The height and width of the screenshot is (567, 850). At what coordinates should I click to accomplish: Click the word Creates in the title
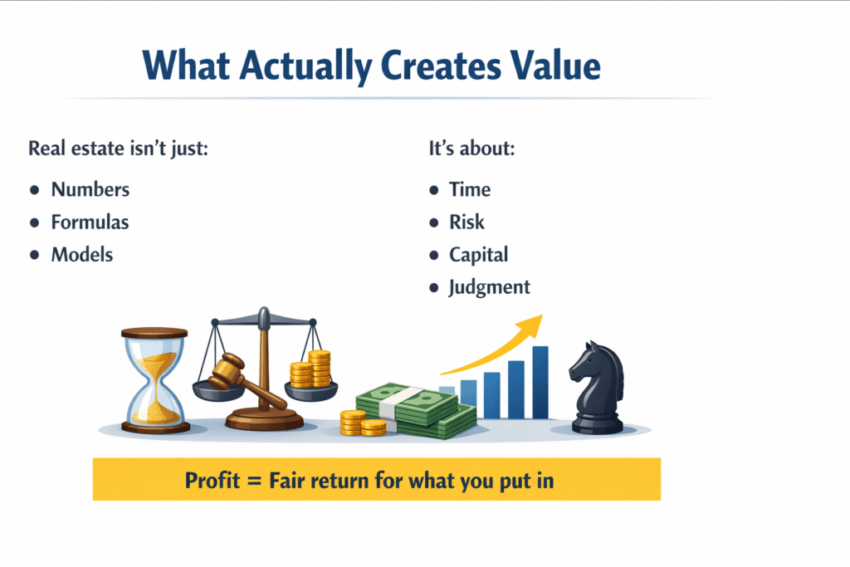click(441, 66)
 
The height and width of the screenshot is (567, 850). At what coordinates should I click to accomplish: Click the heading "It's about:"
click(471, 149)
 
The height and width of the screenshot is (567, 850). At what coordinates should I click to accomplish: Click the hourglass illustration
click(155, 380)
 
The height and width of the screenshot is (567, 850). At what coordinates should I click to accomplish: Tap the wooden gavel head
click(227, 371)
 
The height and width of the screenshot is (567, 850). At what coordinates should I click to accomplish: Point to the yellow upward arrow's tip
click(541, 315)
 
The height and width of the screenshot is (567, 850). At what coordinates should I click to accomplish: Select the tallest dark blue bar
click(540, 382)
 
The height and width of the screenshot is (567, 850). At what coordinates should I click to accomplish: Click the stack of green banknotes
click(415, 410)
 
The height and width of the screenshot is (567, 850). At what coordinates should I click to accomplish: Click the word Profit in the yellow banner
click(212, 481)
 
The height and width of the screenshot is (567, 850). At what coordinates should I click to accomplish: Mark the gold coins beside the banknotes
click(363, 423)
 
